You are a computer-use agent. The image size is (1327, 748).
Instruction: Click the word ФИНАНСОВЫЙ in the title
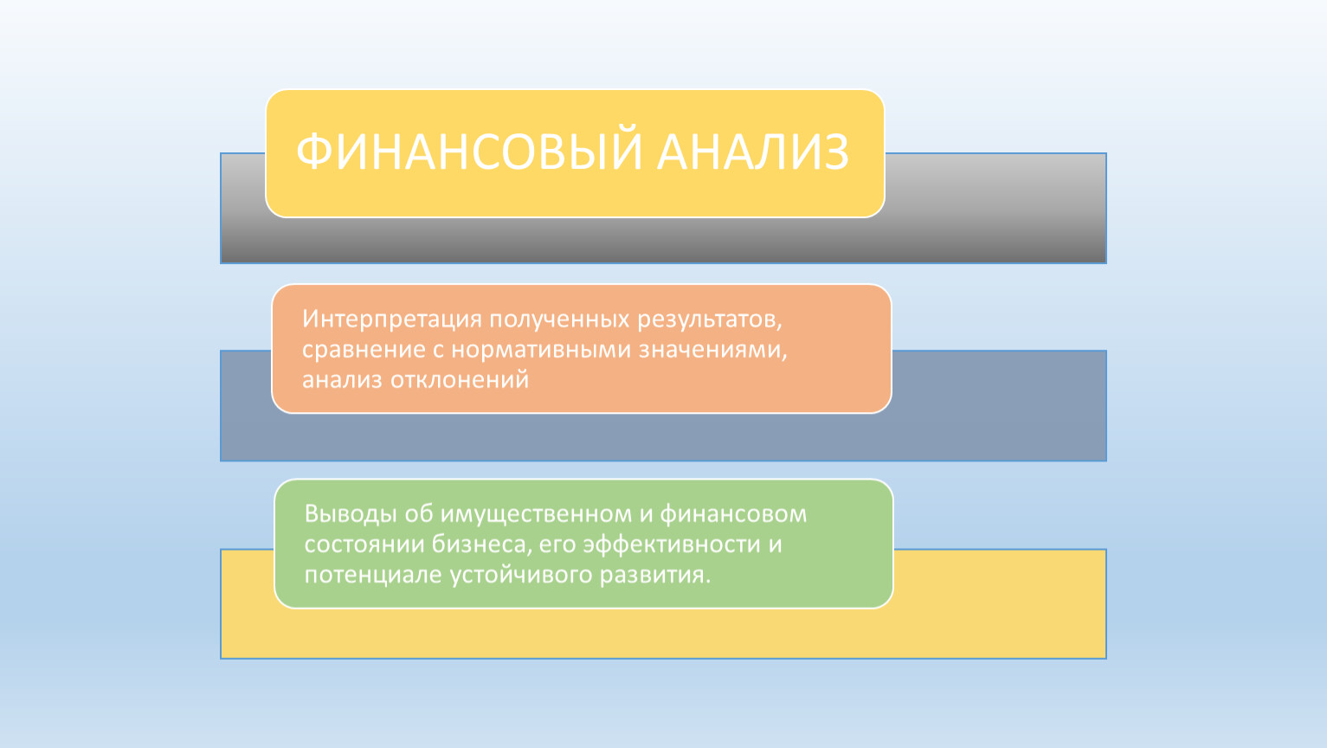pyautogui.click(x=469, y=152)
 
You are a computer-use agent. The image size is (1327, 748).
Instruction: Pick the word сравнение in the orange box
pyautogui.click(x=364, y=349)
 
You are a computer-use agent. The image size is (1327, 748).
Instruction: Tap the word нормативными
pyautogui.click(x=541, y=349)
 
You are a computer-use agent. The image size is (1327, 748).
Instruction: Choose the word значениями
pyautogui.click(x=712, y=349)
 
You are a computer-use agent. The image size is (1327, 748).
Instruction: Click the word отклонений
pyautogui.click(x=459, y=380)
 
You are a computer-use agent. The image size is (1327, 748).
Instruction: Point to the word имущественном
pyautogui.click(x=536, y=514)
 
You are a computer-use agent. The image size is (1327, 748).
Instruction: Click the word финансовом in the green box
pyautogui.click(x=733, y=514)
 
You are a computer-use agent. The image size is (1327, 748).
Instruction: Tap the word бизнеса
pyautogui.click(x=479, y=545)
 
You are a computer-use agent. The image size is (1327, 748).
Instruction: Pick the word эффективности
pyautogui.click(x=672, y=545)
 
